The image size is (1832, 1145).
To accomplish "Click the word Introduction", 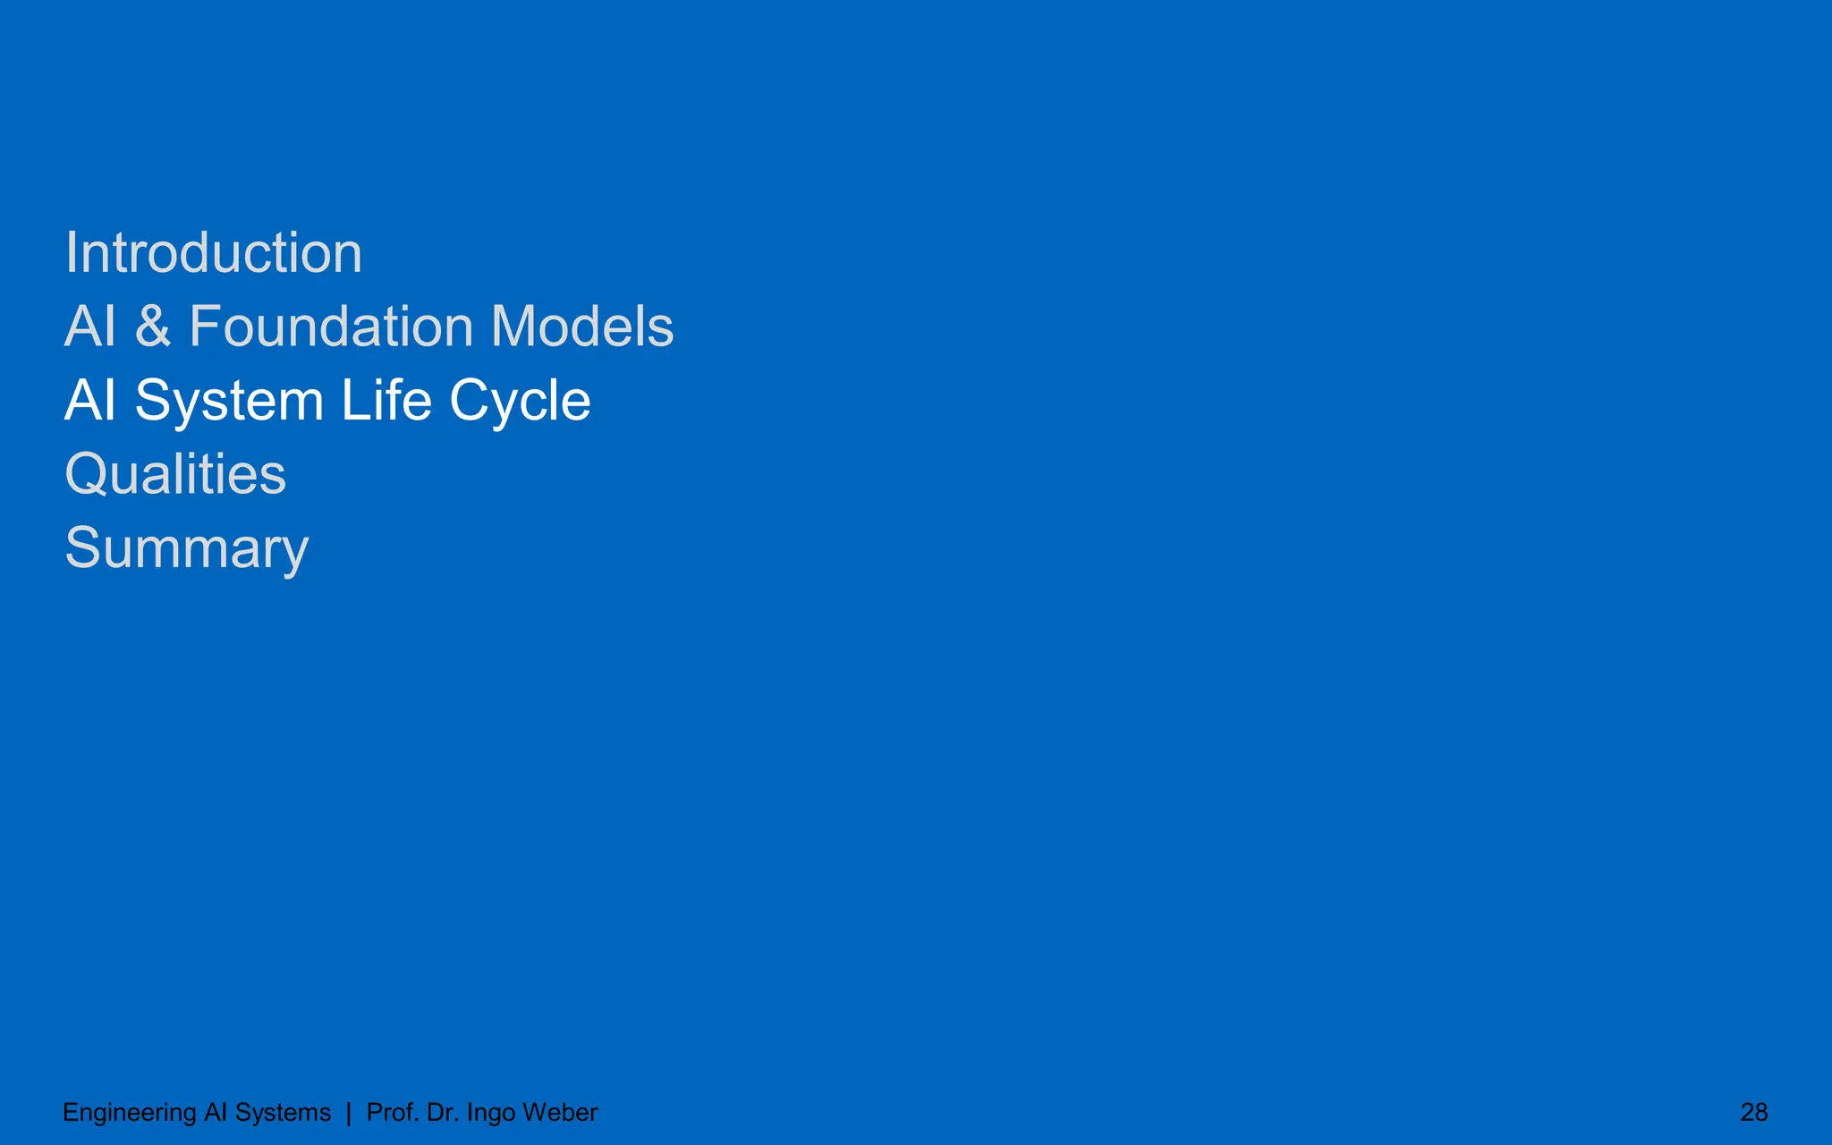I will click(214, 253).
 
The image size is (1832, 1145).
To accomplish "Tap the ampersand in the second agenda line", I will click(152, 327).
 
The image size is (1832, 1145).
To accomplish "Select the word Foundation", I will click(330, 327).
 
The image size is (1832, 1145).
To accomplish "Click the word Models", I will click(582, 327).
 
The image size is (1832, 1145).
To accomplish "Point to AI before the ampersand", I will click(90, 327).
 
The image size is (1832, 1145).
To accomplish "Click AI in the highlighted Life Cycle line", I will click(90, 400).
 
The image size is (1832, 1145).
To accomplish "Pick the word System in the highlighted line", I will click(229, 402).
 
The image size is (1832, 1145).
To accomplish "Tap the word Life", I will click(386, 400).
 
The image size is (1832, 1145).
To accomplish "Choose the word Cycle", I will click(520, 402).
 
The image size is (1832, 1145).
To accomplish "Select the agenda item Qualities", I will click(175, 475).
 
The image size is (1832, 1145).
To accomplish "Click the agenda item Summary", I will click(187, 549).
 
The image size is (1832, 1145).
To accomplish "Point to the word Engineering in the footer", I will click(130, 1113).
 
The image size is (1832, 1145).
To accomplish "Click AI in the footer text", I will click(216, 1112).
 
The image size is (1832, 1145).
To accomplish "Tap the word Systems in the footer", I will click(283, 1113).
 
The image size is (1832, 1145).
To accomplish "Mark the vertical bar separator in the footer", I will click(349, 1113).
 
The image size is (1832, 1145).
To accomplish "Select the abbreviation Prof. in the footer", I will click(393, 1112).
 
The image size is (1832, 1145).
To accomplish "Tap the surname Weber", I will click(560, 1112).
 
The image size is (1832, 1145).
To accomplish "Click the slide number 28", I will click(1753, 1112).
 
